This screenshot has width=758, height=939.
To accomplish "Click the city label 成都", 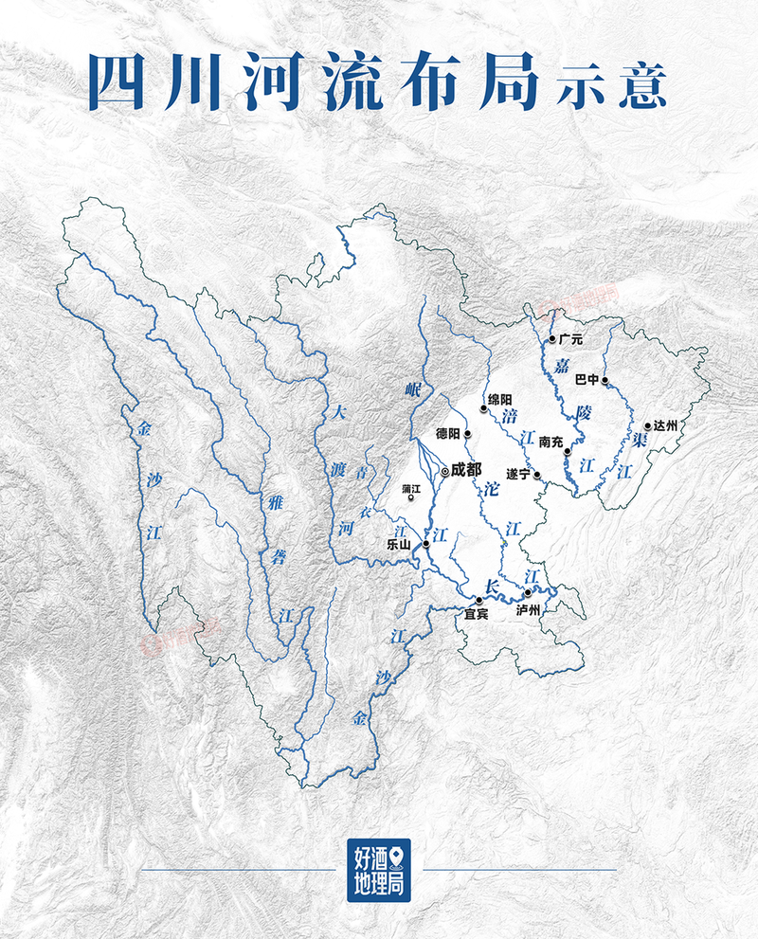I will (466, 468).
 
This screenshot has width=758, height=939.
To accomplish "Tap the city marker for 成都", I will (445, 470).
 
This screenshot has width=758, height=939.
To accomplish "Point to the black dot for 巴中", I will (605, 381).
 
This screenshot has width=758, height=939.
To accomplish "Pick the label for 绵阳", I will (499, 400).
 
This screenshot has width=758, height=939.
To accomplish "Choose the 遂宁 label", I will (519, 474).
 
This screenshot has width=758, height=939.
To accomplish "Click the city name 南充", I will (551, 442).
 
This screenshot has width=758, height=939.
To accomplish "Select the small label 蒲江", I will (411, 488).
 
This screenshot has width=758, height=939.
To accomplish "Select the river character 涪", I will (510, 416).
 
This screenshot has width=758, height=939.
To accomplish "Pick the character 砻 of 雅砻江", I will (278, 558).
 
